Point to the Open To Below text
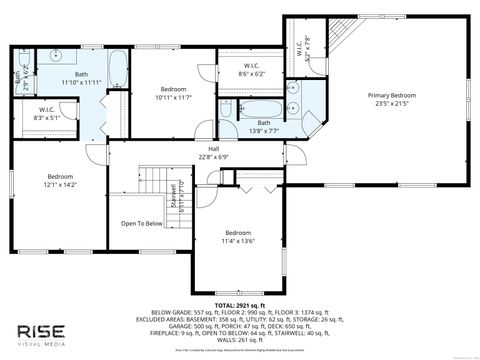142,224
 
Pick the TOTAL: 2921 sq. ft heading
239,303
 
